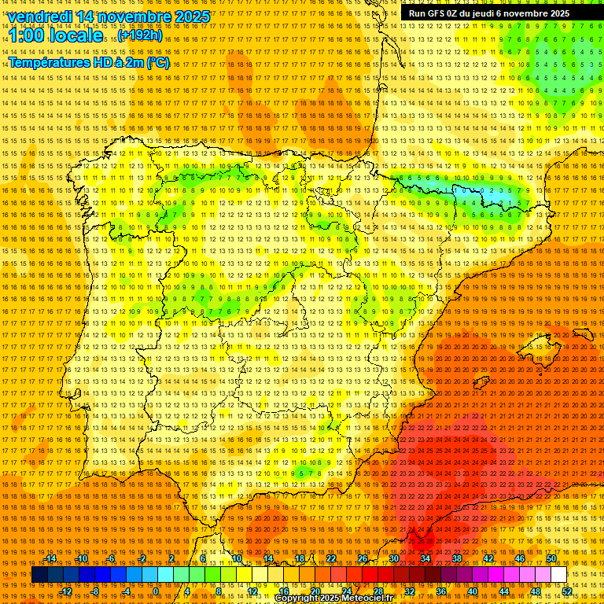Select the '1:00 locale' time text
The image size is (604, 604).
click(56, 35)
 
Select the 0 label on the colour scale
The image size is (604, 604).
click(156, 591)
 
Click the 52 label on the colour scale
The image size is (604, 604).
click(567, 591)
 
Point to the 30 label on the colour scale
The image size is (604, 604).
click(394, 559)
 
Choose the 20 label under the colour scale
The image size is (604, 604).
click(315, 591)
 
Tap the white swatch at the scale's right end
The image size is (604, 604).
click(558, 575)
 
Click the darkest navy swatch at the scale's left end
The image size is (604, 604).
click(39, 575)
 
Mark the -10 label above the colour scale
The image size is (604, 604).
click(81, 559)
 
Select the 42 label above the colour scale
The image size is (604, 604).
click(488, 559)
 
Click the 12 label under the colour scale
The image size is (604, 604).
click(252, 591)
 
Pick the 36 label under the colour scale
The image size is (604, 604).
click(440, 591)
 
